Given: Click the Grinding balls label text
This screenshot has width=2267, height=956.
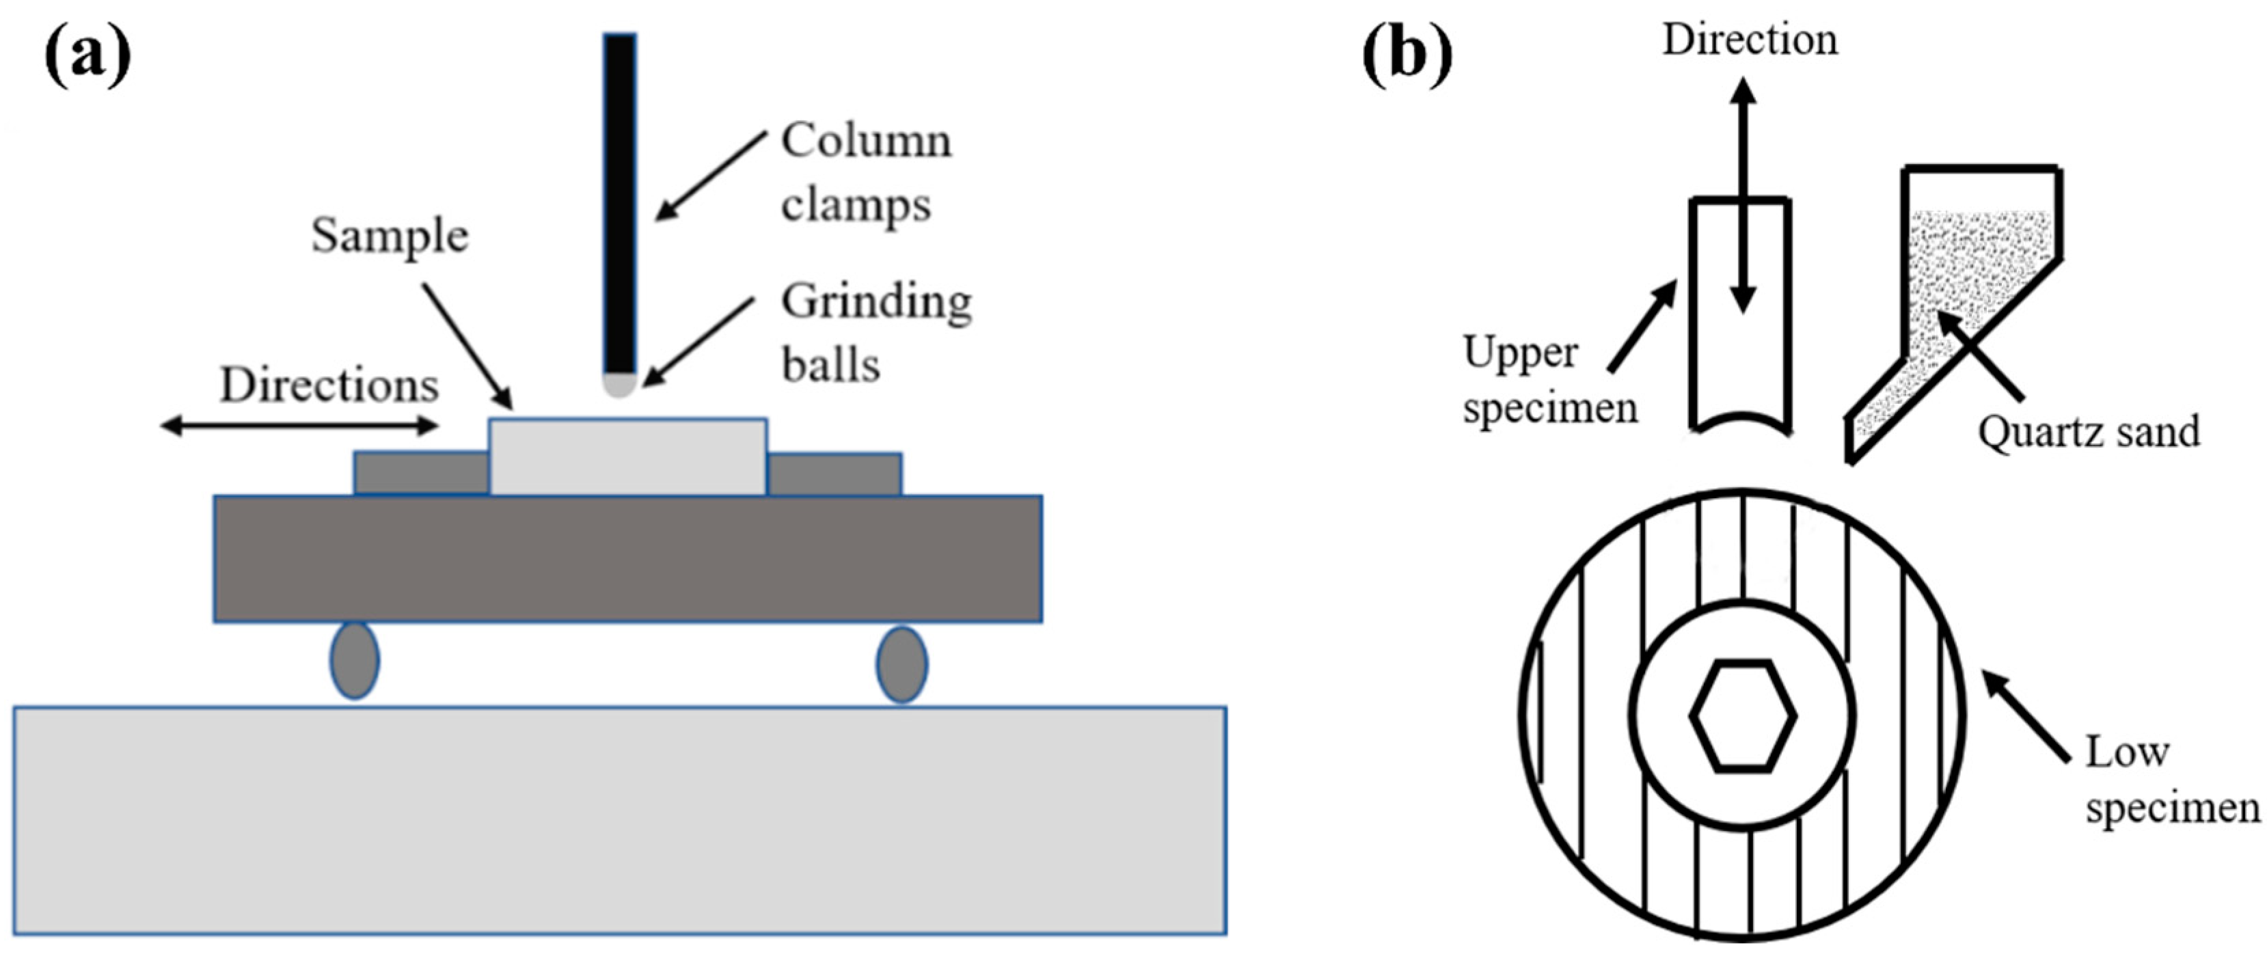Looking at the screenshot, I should (875, 333).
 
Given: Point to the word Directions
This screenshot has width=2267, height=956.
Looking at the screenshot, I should (328, 385).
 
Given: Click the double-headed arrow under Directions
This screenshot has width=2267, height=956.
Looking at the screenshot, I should (299, 427).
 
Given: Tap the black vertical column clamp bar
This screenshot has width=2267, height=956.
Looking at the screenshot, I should (620, 202).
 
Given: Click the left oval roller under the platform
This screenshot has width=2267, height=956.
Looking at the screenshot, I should (355, 661).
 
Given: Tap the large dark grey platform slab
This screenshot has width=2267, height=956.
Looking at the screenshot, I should (627, 559).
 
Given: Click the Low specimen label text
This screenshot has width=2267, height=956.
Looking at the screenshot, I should (2170, 780).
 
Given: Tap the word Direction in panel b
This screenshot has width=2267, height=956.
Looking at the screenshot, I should (1750, 40).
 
